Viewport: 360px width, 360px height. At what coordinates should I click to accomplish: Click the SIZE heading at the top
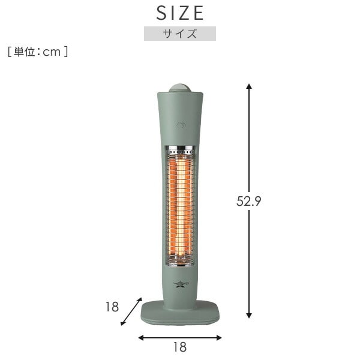click(x=180, y=13)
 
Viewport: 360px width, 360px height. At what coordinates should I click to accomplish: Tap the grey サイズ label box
click(x=179, y=34)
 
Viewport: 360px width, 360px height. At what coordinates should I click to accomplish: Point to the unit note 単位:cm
click(x=38, y=52)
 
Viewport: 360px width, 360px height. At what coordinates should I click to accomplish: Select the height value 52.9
click(x=248, y=202)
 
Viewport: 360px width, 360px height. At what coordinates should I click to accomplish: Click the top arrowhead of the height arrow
click(x=249, y=87)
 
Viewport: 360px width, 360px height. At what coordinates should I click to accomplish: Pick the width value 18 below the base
click(x=179, y=347)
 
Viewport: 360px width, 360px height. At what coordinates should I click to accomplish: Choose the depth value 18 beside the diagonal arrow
click(x=112, y=307)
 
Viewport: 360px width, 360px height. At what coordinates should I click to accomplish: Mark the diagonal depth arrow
click(x=131, y=311)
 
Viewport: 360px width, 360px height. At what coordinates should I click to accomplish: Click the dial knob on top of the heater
click(x=180, y=88)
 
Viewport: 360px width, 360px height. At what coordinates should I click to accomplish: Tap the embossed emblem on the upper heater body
click(x=180, y=125)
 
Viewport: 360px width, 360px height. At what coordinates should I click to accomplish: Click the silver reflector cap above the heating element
click(x=180, y=149)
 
